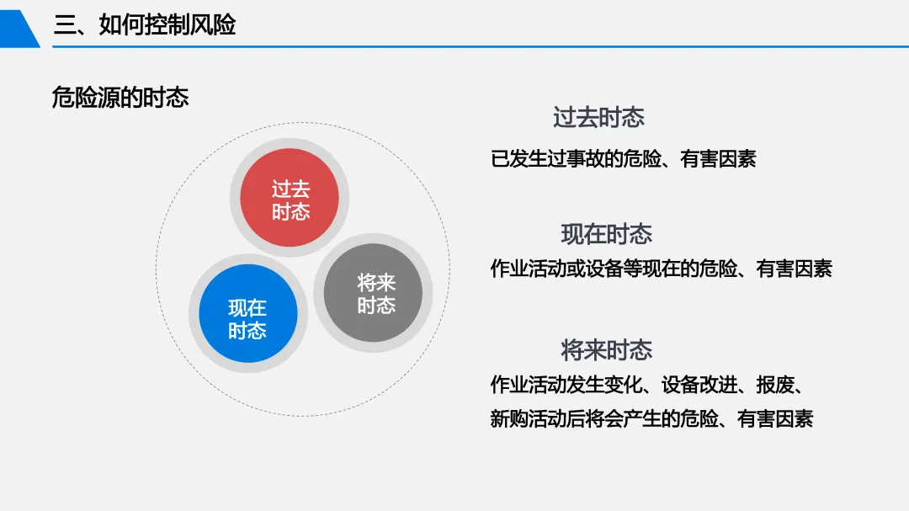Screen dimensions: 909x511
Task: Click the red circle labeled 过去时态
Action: [290, 198]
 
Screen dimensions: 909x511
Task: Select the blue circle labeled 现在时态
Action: [248, 313]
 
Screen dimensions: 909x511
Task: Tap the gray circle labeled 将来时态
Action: [374, 293]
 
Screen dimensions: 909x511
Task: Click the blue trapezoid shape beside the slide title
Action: [19, 29]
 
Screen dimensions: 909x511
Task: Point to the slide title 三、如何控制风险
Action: [145, 25]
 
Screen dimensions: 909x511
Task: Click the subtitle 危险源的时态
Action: [120, 98]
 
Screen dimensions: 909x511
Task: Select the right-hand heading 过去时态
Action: [599, 118]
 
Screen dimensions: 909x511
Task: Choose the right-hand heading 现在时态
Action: [606, 234]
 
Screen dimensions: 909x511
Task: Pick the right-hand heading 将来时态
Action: [606, 350]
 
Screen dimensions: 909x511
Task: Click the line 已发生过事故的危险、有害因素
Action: [623, 159]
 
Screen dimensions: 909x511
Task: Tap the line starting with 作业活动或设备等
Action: [662, 269]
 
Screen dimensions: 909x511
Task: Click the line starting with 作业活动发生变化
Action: [647, 385]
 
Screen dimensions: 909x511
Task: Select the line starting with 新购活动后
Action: [651, 418]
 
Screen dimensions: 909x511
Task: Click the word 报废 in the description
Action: [775, 385]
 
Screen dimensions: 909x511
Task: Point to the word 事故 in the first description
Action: [585, 159]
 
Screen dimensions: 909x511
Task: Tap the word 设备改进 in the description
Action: [699, 385]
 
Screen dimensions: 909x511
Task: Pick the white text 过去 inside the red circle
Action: [291, 189]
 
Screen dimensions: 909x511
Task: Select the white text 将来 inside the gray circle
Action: [376, 283]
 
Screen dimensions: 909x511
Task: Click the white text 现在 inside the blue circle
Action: [247, 307]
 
